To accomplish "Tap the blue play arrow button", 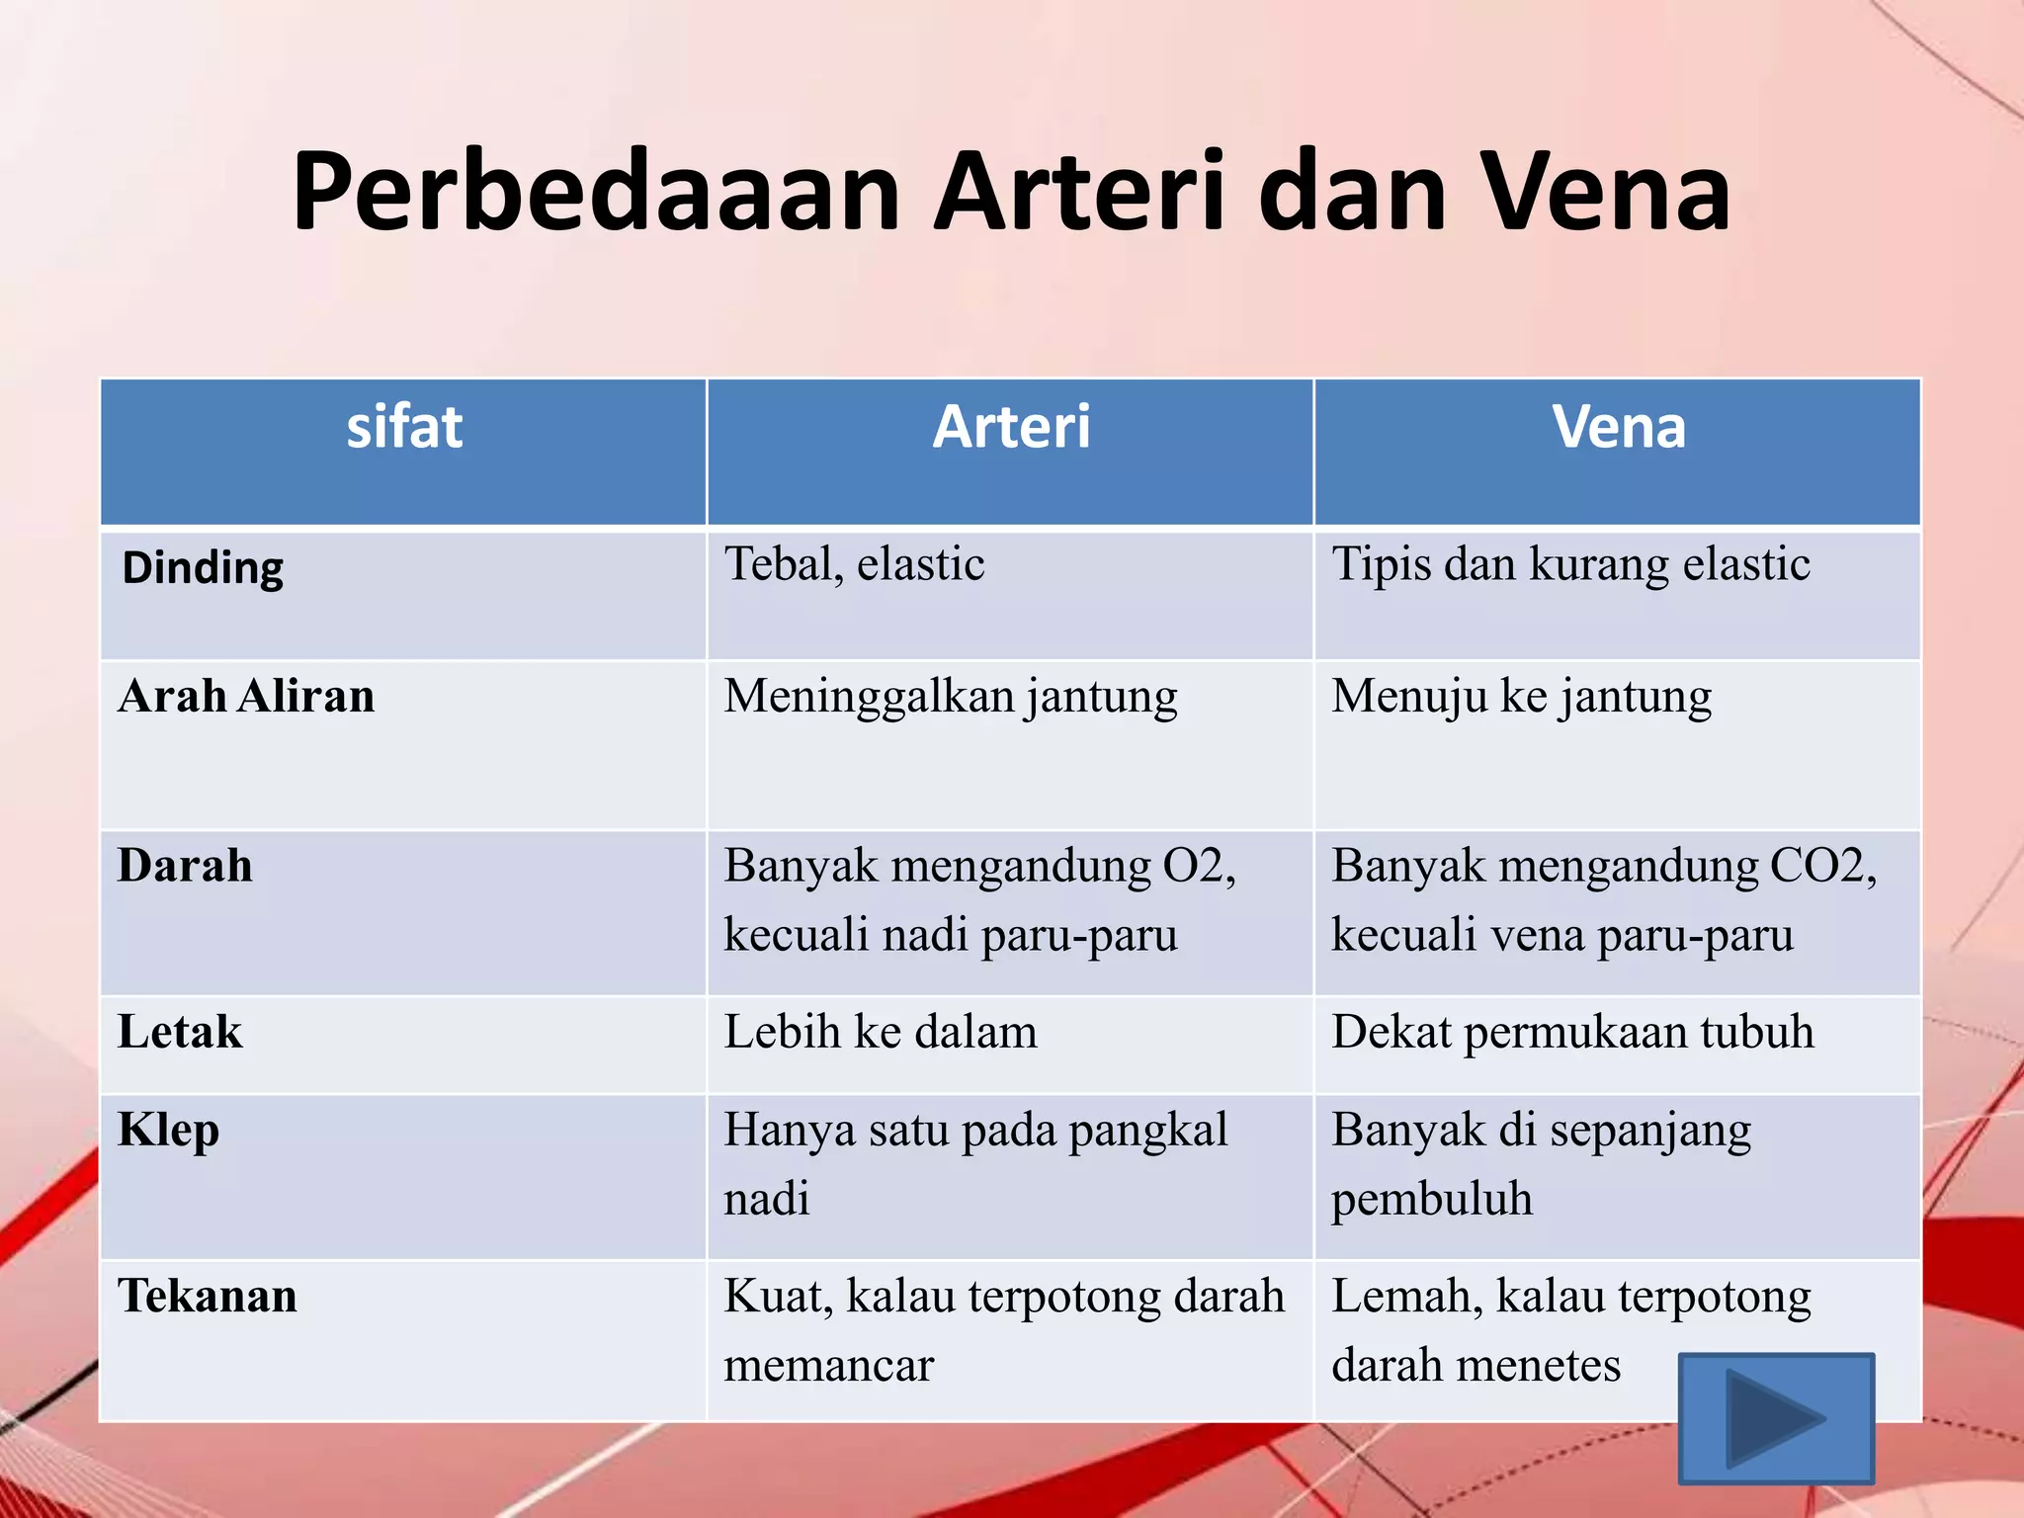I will [1776, 1418].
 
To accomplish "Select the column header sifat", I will [404, 427].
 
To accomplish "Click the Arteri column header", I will [1011, 427].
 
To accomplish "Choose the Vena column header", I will [1618, 427].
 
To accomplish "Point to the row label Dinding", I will [203, 568].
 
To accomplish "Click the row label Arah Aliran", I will [246, 696].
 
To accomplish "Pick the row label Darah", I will [185, 866].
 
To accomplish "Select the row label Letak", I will [179, 1032].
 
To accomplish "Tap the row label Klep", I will [168, 1130].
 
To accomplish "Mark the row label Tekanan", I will [207, 1296].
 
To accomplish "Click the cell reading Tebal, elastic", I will [854, 564].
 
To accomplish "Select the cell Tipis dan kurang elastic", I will [1570, 564].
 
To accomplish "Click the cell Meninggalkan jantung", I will [950, 696].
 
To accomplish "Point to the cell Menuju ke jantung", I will [1521, 696].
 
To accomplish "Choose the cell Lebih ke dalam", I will [880, 1032].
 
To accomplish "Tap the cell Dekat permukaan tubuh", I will [1572, 1032].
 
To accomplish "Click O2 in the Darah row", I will [1194, 866].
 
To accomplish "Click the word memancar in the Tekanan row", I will [828, 1365].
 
